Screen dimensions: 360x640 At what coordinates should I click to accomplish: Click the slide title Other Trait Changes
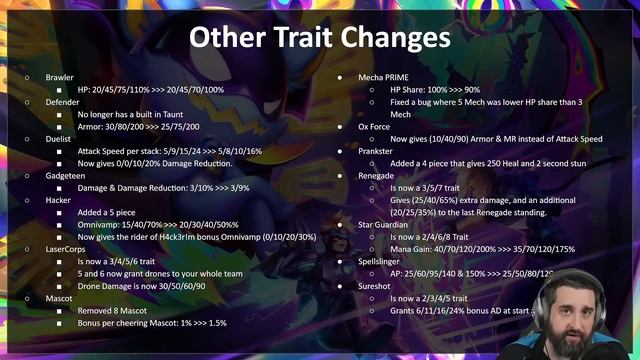pyautogui.click(x=320, y=37)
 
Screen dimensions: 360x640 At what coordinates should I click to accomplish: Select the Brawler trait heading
pyautogui.click(x=60, y=77)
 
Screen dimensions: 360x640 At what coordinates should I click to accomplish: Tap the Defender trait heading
pyautogui.click(x=63, y=102)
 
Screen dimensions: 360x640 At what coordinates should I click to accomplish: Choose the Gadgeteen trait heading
pyautogui.click(x=65, y=175)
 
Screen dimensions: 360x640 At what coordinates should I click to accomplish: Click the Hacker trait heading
pyautogui.click(x=59, y=199)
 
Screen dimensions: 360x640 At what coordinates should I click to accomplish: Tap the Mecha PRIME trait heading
pyautogui.click(x=386, y=77)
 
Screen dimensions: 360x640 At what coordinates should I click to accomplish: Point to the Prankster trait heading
pyautogui.click(x=378, y=150)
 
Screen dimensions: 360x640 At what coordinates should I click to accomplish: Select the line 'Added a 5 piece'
pyautogui.click(x=111, y=211)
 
